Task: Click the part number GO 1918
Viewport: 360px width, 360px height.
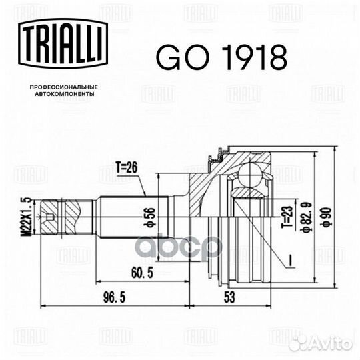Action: pyautogui.click(x=221, y=58)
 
